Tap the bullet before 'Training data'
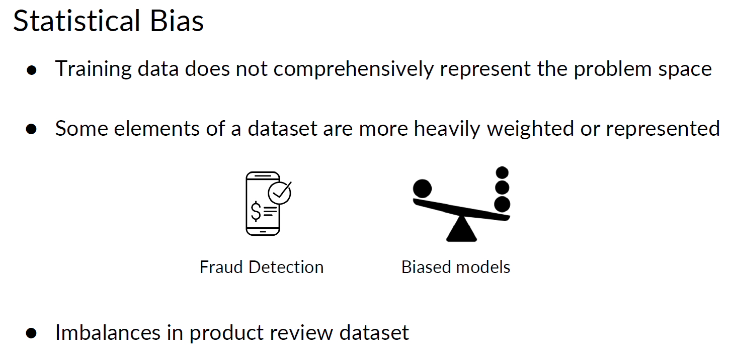pyautogui.click(x=32, y=70)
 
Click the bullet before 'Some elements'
pyautogui.click(x=32, y=129)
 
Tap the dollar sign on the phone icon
pyautogui.click(x=256, y=212)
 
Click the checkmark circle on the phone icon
pyautogui.click(x=279, y=192)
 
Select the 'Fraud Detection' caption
pyautogui.click(x=262, y=267)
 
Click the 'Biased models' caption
pyautogui.click(x=456, y=267)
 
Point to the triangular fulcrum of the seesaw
pyautogui.click(x=461, y=230)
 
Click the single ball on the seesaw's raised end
pyautogui.click(x=422, y=189)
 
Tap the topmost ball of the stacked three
pyautogui.click(x=502, y=173)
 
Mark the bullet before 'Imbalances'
pyautogui.click(x=32, y=333)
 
